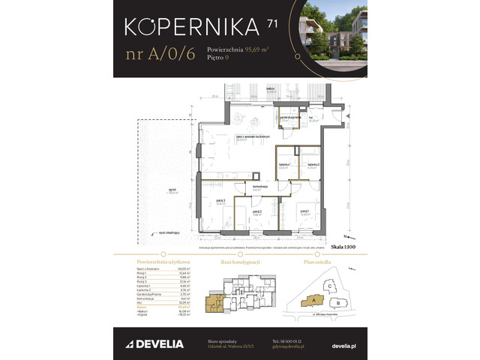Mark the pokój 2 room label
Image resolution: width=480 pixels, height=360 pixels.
(257, 213)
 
